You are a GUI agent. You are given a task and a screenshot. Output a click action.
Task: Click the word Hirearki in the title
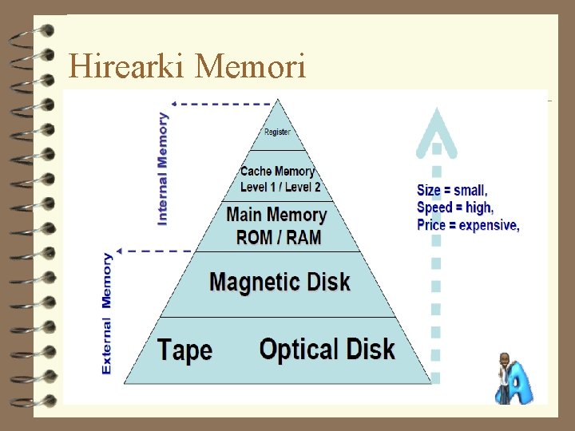click(x=128, y=65)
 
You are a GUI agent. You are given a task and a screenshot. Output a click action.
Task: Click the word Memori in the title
click(x=250, y=65)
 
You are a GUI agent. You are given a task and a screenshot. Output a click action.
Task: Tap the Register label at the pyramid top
click(x=277, y=132)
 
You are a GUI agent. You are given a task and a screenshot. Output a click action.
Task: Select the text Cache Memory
click(x=277, y=172)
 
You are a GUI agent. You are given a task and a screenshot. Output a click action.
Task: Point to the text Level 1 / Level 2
click(x=280, y=187)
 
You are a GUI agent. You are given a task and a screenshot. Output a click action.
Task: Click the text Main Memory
click(x=276, y=215)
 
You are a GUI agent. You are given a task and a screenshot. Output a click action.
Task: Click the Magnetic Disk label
click(x=280, y=282)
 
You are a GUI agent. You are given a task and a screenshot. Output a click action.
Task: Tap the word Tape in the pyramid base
click(x=184, y=350)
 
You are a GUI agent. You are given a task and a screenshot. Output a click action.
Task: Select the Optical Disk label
click(x=327, y=350)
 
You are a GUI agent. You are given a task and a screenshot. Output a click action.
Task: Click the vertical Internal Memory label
click(x=163, y=168)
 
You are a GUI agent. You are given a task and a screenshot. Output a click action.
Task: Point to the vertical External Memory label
click(x=107, y=314)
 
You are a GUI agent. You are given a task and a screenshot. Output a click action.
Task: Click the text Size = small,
click(x=452, y=191)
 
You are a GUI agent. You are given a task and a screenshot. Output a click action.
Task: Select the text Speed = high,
click(x=455, y=208)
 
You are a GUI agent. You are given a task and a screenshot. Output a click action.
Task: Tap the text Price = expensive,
click(x=468, y=225)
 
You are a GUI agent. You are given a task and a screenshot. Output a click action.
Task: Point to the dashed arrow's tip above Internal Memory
click(x=173, y=103)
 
